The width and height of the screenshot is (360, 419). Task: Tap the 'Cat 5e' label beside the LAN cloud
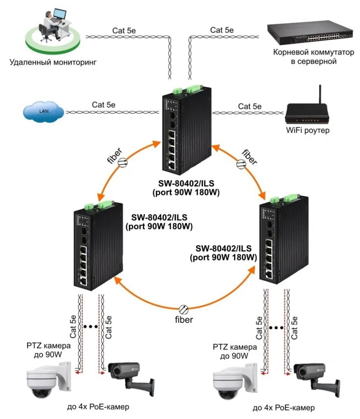click(x=103, y=105)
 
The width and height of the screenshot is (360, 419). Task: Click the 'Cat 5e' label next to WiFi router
click(x=249, y=106)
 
